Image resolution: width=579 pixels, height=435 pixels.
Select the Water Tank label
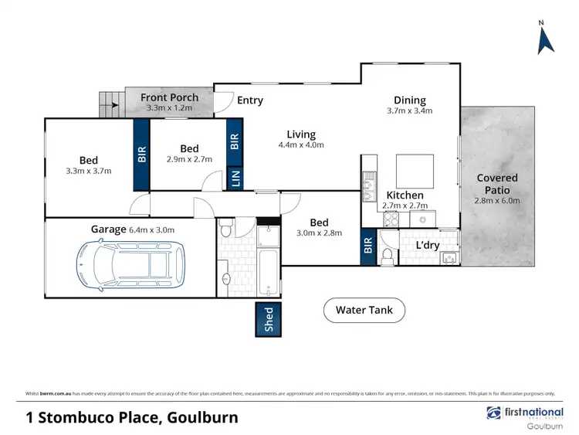click(x=364, y=311)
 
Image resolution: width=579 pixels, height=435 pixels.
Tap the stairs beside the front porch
click(x=110, y=104)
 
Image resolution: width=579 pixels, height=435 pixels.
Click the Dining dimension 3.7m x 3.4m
click(x=409, y=111)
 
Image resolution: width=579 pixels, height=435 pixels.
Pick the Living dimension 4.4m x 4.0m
click(x=301, y=144)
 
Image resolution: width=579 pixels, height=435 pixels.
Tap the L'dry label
click(x=428, y=245)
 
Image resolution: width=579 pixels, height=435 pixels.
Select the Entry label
click(x=250, y=100)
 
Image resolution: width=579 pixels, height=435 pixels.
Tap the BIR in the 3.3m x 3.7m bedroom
click(x=141, y=154)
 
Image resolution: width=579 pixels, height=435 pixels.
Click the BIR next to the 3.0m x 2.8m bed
click(x=367, y=246)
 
